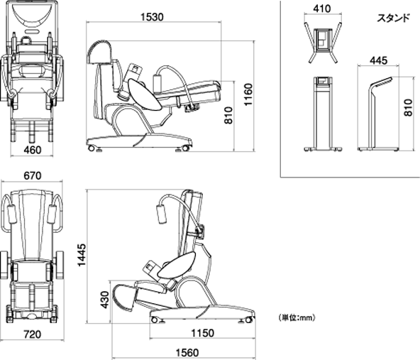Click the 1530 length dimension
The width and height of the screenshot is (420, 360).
coord(152,17)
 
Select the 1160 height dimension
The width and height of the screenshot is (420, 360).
coord(248,94)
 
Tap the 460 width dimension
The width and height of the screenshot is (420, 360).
coord(33,150)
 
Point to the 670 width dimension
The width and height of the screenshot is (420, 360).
coord(33,176)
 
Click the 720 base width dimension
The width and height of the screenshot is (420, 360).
coord(33,334)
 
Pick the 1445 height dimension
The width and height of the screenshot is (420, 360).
coord(82,255)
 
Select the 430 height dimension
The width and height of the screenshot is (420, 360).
coord(105,300)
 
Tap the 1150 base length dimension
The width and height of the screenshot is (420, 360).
coord(202,333)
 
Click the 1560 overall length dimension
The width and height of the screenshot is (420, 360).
coord(187,353)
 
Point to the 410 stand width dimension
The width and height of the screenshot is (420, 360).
coord(322,9)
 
